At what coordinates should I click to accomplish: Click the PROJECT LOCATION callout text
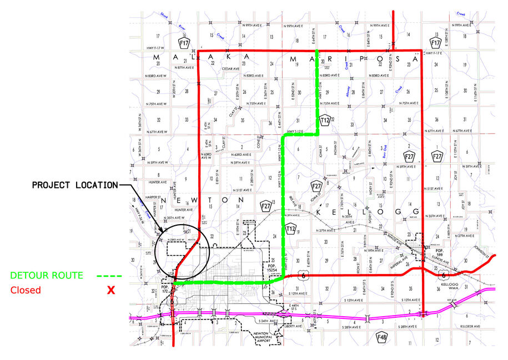74,185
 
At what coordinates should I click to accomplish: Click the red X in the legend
111,290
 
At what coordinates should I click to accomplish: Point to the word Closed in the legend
25,290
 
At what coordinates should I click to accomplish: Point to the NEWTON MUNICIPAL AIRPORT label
257,336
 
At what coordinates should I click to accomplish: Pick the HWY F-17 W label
157,48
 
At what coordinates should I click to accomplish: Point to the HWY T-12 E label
296,131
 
